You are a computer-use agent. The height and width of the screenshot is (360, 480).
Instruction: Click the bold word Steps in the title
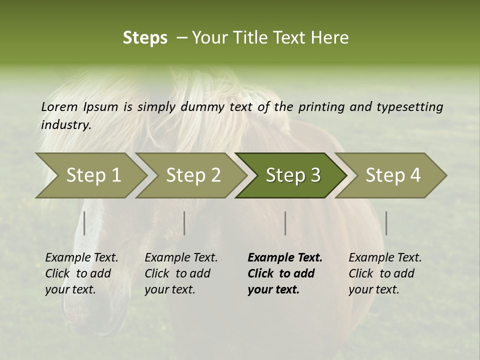(x=145, y=38)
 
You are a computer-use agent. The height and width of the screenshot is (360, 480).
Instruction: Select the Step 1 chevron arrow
(x=90, y=175)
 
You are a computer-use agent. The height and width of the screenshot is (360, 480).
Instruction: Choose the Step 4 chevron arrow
(x=392, y=175)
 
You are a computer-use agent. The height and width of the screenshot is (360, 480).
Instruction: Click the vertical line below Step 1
(x=84, y=223)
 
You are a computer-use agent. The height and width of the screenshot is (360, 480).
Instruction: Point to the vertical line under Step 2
(x=184, y=223)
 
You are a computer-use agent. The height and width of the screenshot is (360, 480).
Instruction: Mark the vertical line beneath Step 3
(x=285, y=223)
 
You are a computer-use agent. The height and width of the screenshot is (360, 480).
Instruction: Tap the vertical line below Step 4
(x=386, y=223)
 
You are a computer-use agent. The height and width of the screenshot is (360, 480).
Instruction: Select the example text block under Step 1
(x=81, y=273)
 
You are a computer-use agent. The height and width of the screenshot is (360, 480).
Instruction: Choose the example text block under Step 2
(x=180, y=273)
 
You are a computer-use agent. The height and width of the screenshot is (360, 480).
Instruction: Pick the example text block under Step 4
(x=384, y=273)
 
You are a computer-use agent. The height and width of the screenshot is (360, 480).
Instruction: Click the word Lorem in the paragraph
(x=59, y=106)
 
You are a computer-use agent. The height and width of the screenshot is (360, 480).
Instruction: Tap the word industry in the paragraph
(x=65, y=125)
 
